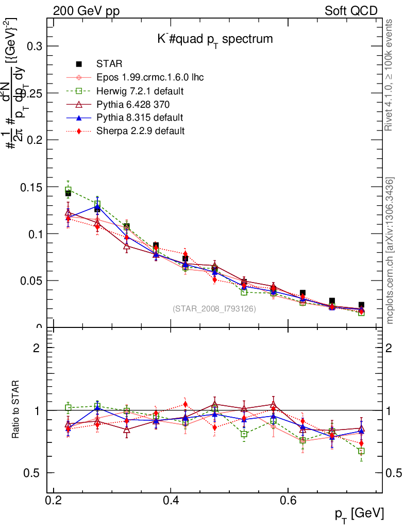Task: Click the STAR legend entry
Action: [x=109, y=64]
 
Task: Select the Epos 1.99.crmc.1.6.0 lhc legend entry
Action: [x=150, y=77]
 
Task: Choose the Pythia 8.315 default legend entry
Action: [x=140, y=118]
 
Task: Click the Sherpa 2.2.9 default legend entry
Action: [x=140, y=131]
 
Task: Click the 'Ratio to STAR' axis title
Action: [x=16, y=410]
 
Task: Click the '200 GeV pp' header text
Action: [x=86, y=11]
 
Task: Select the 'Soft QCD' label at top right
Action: [x=351, y=11]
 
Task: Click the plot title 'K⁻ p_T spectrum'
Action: [x=215, y=39]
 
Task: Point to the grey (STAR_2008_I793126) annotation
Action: [x=214, y=309]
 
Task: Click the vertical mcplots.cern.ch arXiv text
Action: [x=391, y=251]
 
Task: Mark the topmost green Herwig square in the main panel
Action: [x=68, y=190]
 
